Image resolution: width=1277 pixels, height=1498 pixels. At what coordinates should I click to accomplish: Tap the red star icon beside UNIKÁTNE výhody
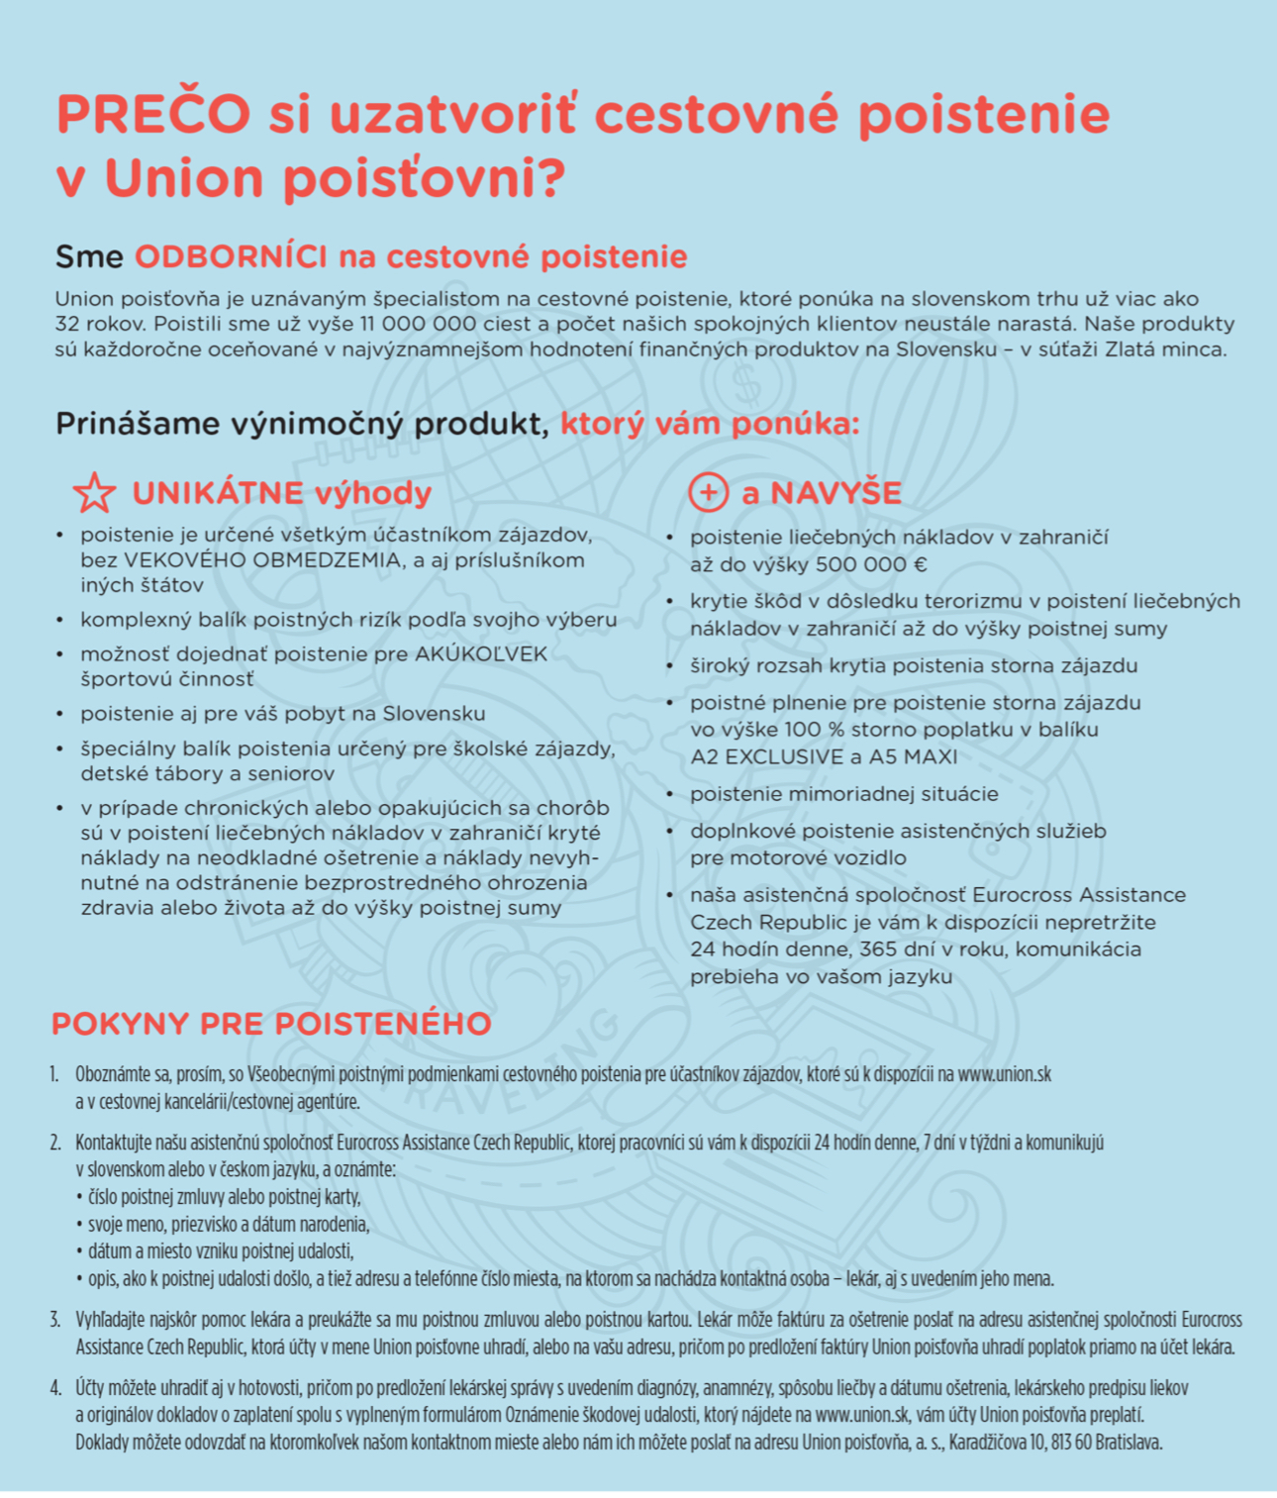point(94,493)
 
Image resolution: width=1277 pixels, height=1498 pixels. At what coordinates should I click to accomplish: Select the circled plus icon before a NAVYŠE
point(708,492)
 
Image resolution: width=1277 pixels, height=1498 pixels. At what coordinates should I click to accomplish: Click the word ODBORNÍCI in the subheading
point(231,256)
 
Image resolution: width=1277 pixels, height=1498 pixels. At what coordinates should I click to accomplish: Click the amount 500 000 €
point(872,564)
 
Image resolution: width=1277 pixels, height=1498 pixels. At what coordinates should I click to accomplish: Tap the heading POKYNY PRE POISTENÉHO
point(271,1024)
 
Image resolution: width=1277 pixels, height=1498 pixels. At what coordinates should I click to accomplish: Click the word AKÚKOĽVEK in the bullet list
point(481,654)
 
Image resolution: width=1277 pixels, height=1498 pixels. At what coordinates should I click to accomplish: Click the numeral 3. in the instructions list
point(55,1320)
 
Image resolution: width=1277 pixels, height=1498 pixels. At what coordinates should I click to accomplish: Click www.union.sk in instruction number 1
point(1004,1074)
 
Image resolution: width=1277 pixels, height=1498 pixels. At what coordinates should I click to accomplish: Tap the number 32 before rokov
point(67,324)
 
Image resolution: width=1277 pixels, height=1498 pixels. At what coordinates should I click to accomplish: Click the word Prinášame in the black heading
point(138,424)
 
